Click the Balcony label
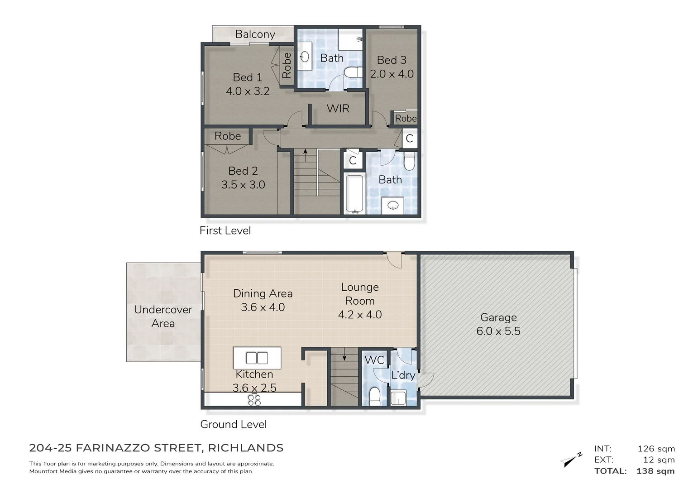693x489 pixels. point(255,34)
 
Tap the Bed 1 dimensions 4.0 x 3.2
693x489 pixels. point(248,91)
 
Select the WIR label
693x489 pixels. point(338,109)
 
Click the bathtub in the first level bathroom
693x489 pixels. point(354,194)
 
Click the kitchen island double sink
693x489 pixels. point(257,358)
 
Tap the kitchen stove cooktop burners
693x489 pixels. point(254,400)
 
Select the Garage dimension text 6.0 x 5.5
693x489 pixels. point(498,331)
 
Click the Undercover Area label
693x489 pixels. point(163,316)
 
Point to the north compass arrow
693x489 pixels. point(571,459)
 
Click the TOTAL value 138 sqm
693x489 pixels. point(655,471)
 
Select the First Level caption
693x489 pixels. point(225,230)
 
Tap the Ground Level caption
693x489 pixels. point(233,424)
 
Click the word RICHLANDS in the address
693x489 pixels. point(245,448)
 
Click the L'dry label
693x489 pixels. point(403,375)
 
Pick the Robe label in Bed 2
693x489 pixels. point(227,136)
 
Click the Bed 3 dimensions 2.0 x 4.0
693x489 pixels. point(392,74)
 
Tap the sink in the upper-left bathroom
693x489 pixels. point(305,57)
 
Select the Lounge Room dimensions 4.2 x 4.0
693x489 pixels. point(360,315)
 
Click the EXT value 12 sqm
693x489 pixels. point(659,460)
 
